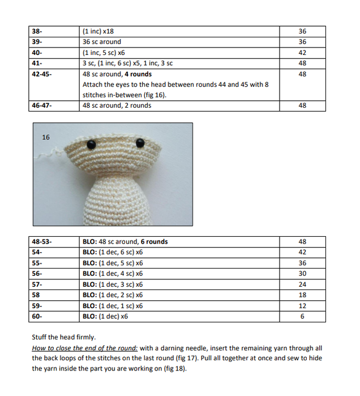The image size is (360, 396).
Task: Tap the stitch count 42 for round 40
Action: (302, 53)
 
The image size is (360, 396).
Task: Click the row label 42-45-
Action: (41, 74)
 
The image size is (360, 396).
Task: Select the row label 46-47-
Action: (41, 105)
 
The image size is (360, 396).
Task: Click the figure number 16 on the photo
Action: (46, 137)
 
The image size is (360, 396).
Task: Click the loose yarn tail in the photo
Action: (55, 152)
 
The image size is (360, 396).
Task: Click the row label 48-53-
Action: (41, 242)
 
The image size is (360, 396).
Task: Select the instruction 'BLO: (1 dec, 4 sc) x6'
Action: (113, 274)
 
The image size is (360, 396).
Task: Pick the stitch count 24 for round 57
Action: (302, 284)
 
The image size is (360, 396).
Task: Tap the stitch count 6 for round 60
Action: (302, 316)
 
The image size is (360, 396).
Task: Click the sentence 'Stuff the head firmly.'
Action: (64, 337)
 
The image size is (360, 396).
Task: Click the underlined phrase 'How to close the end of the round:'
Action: (85, 348)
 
